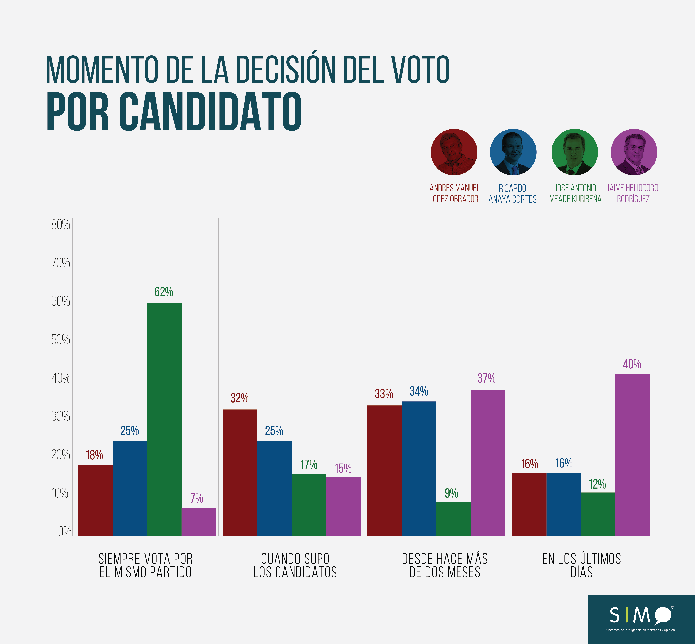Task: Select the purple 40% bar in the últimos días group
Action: [632, 455]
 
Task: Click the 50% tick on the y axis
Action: [61, 339]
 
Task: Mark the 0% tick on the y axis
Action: [64, 531]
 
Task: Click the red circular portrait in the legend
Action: [454, 152]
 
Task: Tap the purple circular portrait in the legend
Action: [634, 152]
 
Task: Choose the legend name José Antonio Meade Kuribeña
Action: [575, 193]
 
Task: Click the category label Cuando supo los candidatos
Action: [295, 565]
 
